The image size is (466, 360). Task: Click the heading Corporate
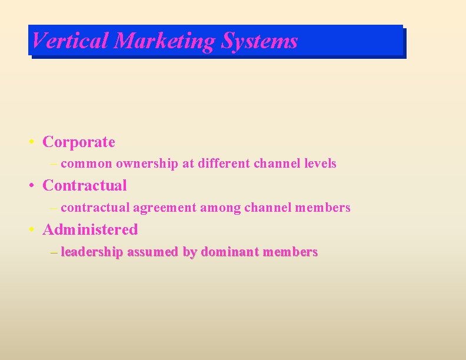[79, 142]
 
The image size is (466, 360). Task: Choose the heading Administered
[90, 229]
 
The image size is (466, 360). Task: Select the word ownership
[147, 164]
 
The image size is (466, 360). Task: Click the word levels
[320, 164]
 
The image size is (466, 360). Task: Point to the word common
[86, 164]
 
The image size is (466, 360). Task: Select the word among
[220, 208]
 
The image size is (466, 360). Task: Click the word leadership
[92, 252]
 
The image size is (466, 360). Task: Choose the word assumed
[153, 252]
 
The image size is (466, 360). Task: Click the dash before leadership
[55, 252]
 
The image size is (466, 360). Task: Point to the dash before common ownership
[55, 164]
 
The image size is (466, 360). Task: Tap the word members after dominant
[291, 252]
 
